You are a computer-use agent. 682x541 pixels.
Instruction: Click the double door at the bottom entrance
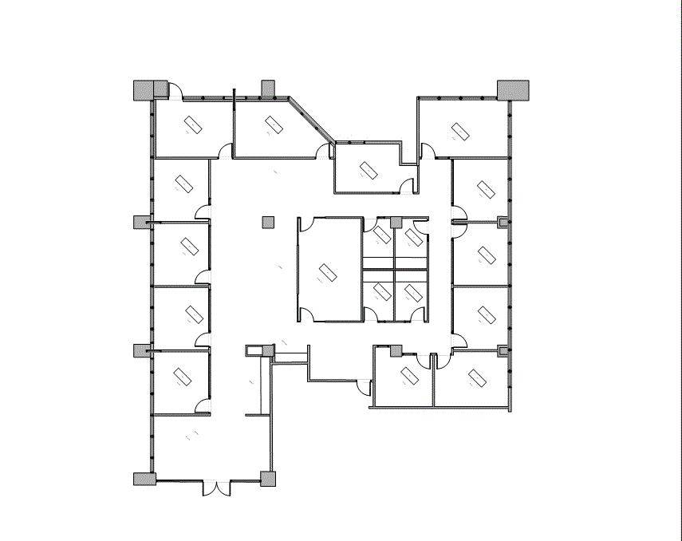click(215, 487)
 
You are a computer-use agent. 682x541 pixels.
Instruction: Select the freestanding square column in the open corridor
click(268, 222)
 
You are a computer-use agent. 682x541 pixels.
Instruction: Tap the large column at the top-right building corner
click(513, 89)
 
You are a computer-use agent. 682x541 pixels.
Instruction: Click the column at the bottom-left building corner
click(144, 479)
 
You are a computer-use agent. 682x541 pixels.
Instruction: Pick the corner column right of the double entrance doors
click(268, 479)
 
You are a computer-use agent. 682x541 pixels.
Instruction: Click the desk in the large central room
click(326, 274)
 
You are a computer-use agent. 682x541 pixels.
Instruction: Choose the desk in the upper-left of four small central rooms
click(382, 235)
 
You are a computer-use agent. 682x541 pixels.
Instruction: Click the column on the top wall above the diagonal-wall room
click(268, 88)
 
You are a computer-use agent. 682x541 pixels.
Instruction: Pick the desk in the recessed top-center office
click(368, 171)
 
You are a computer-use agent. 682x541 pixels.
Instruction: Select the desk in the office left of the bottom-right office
click(410, 374)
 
